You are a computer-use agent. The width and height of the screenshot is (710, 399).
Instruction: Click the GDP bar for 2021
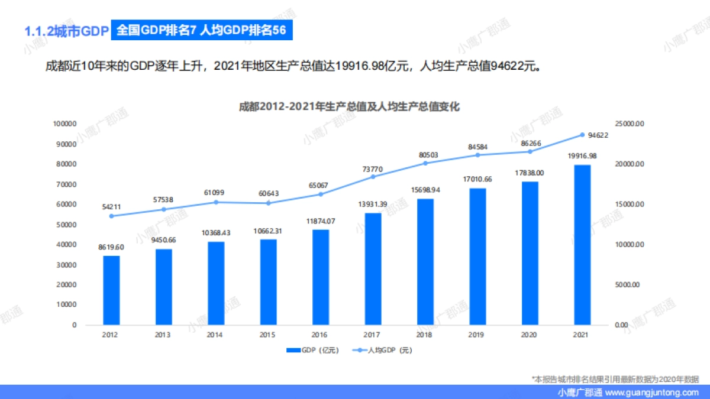582,245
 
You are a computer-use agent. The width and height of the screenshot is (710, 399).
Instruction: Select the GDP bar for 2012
111,290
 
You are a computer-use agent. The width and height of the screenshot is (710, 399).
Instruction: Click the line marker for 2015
268,203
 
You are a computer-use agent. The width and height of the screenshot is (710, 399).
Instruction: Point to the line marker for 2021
582,135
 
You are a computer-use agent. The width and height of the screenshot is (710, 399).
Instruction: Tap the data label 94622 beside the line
598,135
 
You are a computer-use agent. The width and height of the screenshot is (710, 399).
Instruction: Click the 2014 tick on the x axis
215,335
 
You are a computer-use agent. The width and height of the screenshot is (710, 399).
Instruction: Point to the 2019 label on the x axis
477,335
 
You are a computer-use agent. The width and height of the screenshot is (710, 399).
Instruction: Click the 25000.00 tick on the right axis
629,124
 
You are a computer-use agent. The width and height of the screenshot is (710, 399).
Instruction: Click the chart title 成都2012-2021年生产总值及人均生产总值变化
349,107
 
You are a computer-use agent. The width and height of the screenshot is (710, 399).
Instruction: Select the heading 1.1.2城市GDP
64,31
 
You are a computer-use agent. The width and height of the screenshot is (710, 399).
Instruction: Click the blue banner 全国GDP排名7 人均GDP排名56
201,31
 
